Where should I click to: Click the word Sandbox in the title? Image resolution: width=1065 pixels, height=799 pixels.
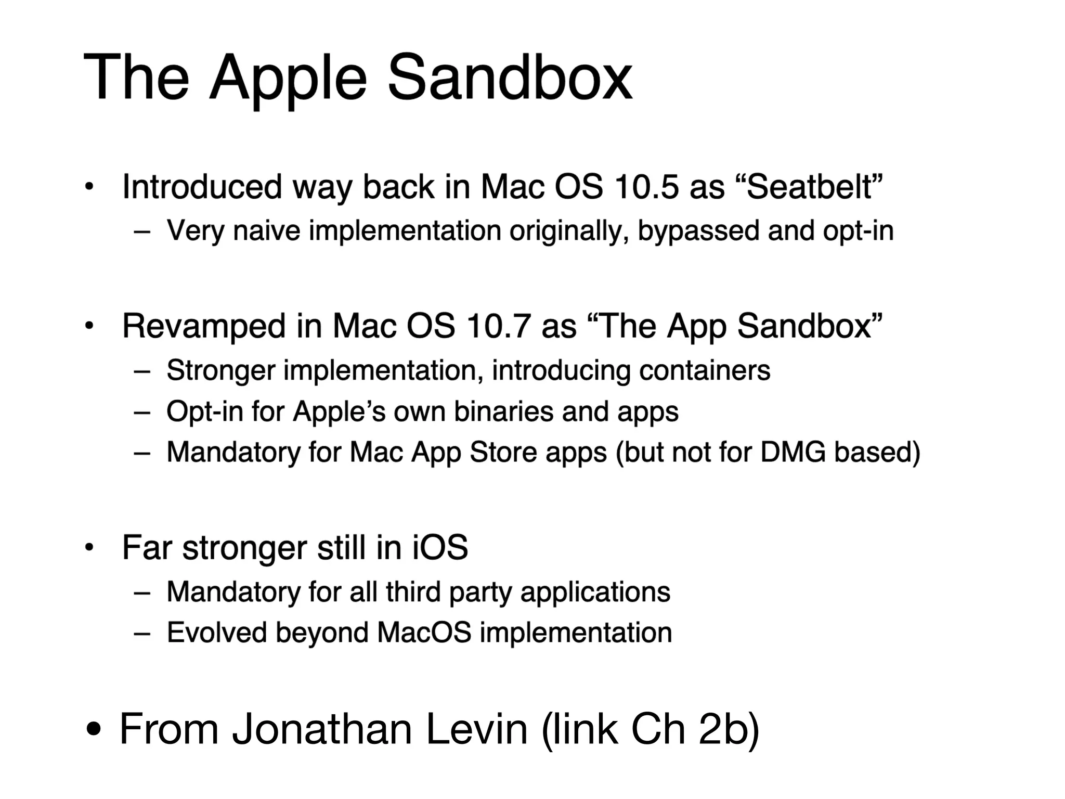(x=510, y=78)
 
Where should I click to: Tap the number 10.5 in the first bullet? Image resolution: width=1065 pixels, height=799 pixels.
(x=646, y=187)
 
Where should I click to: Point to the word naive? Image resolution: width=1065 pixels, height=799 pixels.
(x=266, y=230)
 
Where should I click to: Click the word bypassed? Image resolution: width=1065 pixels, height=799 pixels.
(x=698, y=231)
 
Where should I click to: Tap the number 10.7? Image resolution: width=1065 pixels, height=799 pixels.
(x=498, y=327)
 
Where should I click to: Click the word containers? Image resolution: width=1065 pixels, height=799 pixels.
(x=704, y=370)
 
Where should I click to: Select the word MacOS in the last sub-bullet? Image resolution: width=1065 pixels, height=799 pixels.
(x=424, y=633)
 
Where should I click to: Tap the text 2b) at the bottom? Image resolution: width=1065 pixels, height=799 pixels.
(x=729, y=729)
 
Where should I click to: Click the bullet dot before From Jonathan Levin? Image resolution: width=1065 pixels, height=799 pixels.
(x=94, y=729)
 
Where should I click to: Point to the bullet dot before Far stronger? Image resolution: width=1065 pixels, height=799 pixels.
(x=89, y=548)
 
